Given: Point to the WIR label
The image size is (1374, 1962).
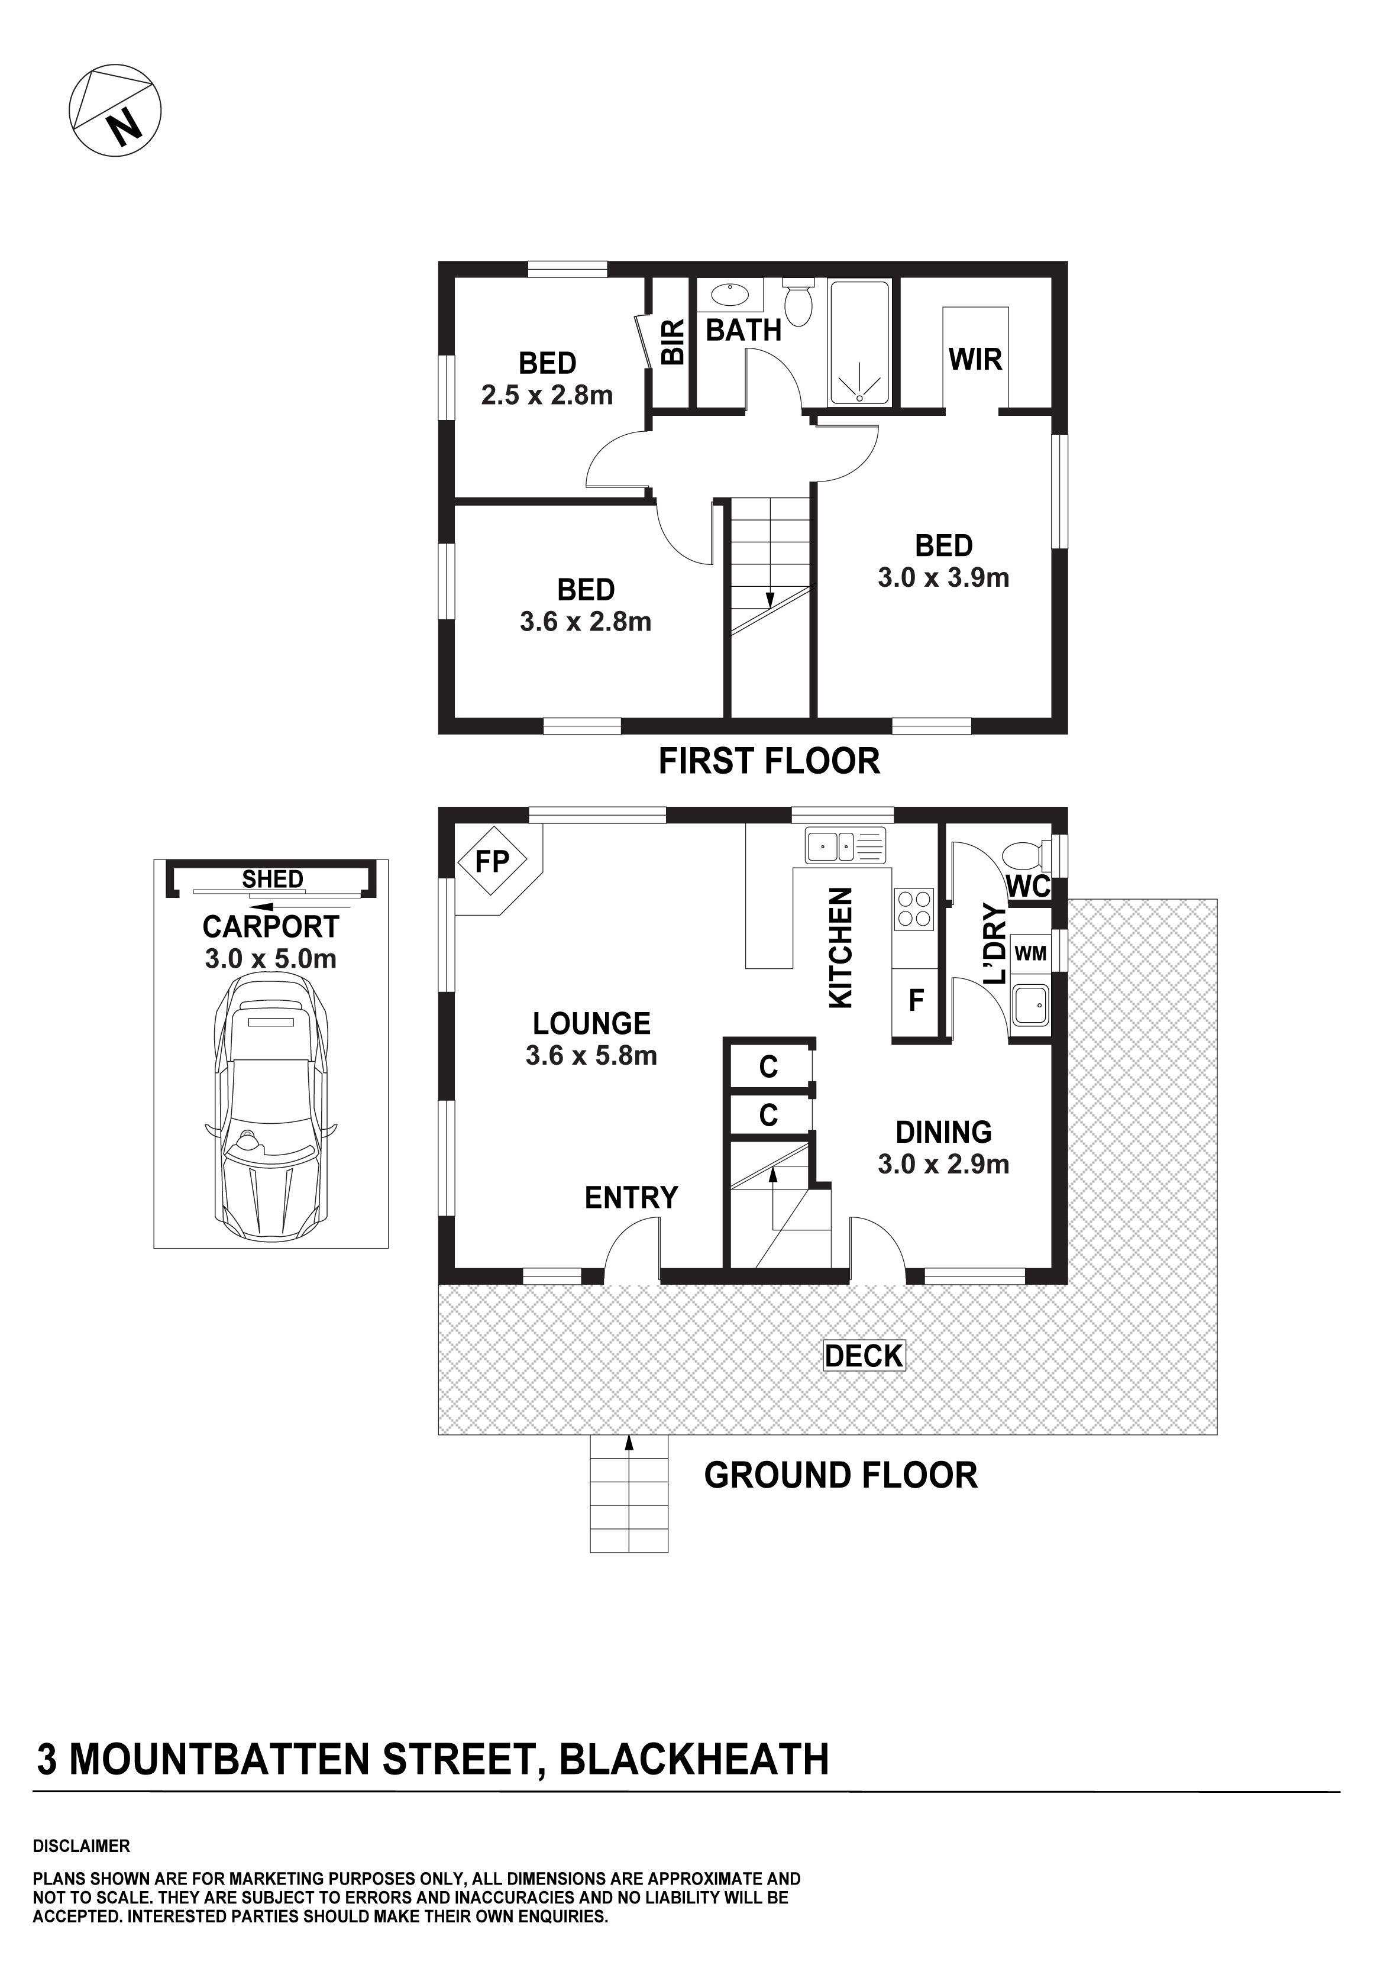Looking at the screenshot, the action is click(x=975, y=360).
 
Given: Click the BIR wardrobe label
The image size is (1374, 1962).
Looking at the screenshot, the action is click(x=674, y=342).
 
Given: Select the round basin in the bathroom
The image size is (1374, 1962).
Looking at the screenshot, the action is click(x=729, y=296).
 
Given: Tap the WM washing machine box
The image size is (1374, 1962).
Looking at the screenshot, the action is click(x=1030, y=953).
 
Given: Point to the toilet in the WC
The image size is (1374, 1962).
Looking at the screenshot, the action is click(x=1024, y=855).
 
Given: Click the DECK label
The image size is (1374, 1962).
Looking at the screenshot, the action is click(x=864, y=1355).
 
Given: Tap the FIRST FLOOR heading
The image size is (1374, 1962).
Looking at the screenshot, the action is click(x=769, y=761).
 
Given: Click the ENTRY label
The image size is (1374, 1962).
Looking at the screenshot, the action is click(x=632, y=1198).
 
